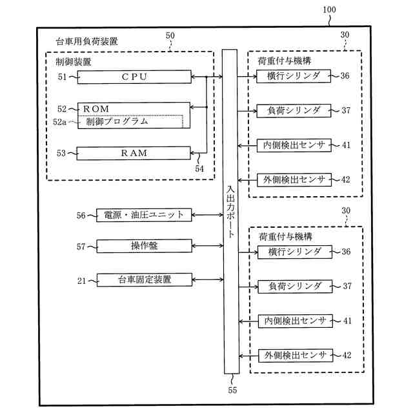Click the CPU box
click(134, 77)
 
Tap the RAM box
click(134, 153)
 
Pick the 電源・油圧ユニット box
click(143, 215)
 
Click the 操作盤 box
click(143, 246)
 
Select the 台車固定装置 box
click(143, 279)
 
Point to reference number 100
click(328, 11)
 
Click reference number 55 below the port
click(232, 389)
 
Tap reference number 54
click(199, 168)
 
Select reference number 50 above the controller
click(170, 36)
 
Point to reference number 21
click(81, 279)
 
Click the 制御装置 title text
click(74, 62)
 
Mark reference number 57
click(81, 247)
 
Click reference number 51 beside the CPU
click(63, 77)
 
